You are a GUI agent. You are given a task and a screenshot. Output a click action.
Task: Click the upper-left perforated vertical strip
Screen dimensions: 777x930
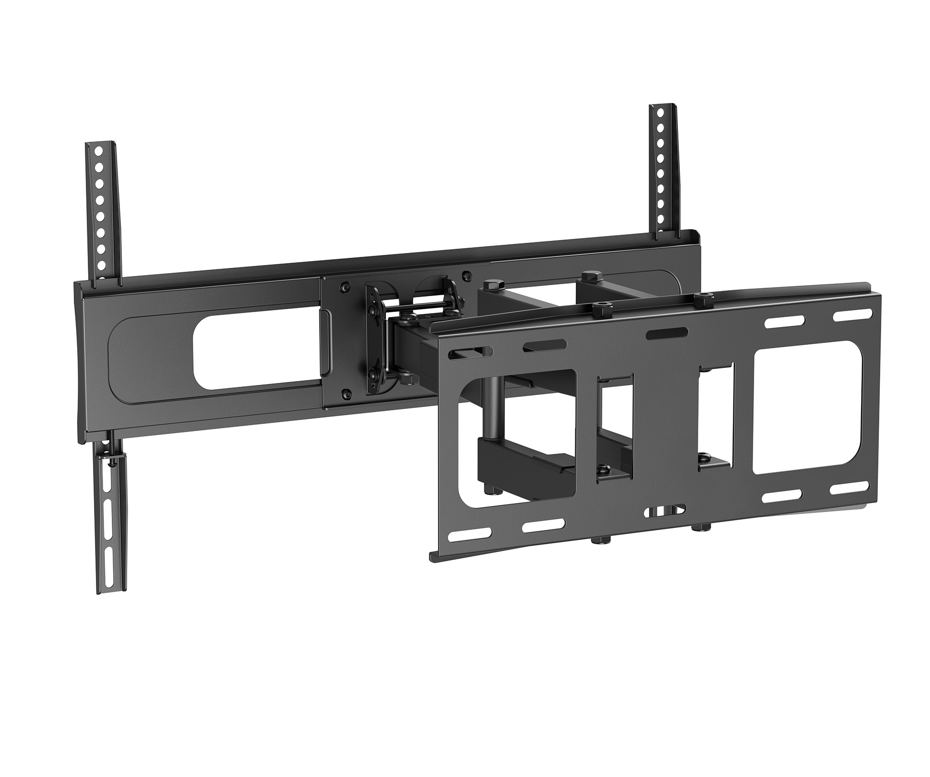[102, 207]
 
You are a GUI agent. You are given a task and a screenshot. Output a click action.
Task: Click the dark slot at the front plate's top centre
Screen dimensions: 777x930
[666, 333]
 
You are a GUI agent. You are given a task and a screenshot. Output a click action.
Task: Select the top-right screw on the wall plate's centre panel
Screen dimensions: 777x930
[465, 276]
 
